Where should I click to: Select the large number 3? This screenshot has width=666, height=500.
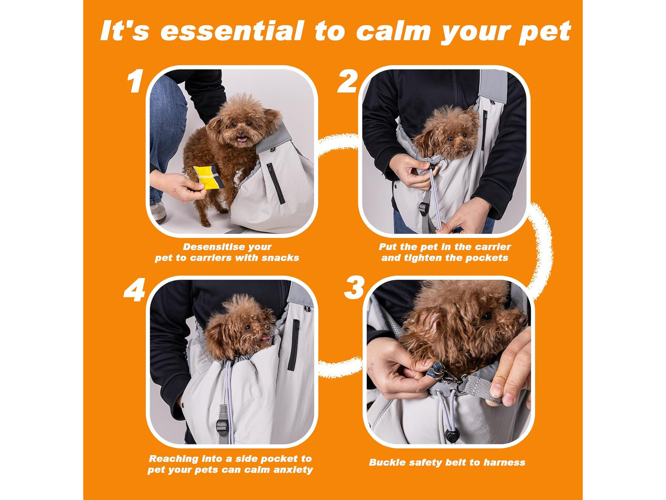(354, 287)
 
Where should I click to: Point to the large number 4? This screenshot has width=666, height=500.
(135, 289)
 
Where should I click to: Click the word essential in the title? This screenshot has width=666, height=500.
(232, 31)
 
